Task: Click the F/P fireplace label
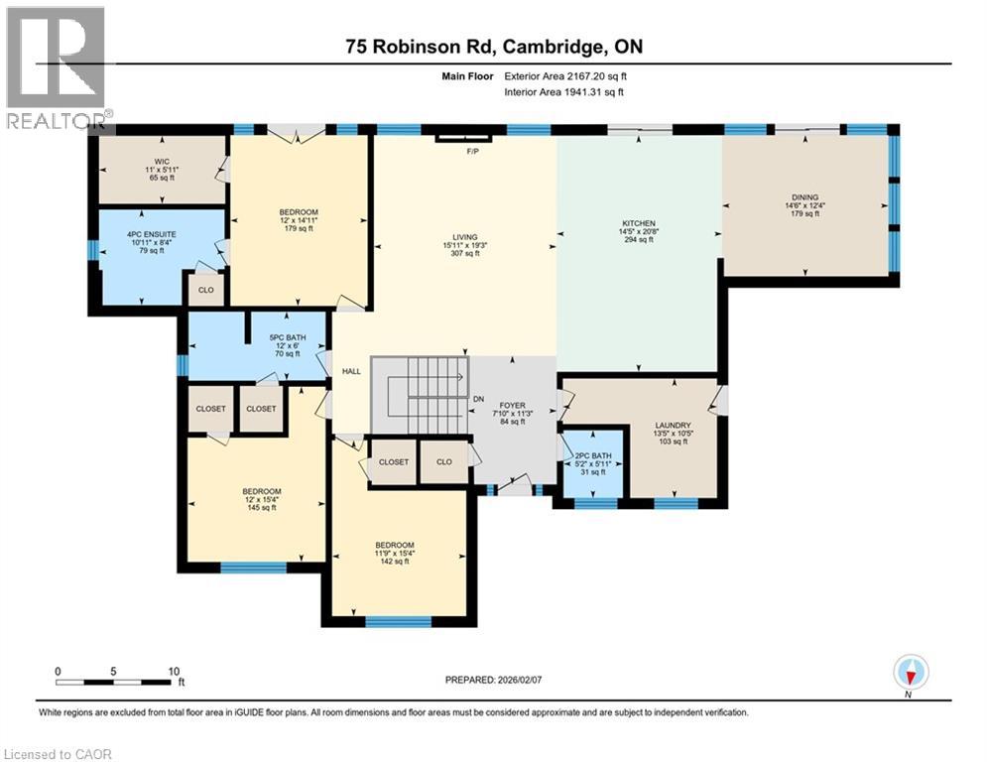pyautogui.click(x=472, y=152)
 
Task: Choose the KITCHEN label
pyautogui.click(x=639, y=223)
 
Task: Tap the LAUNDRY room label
pyautogui.click(x=673, y=426)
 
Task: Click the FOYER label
pyautogui.click(x=512, y=405)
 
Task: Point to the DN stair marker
pyautogui.click(x=478, y=399)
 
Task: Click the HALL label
pyautogui.click(x=351, y=371)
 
